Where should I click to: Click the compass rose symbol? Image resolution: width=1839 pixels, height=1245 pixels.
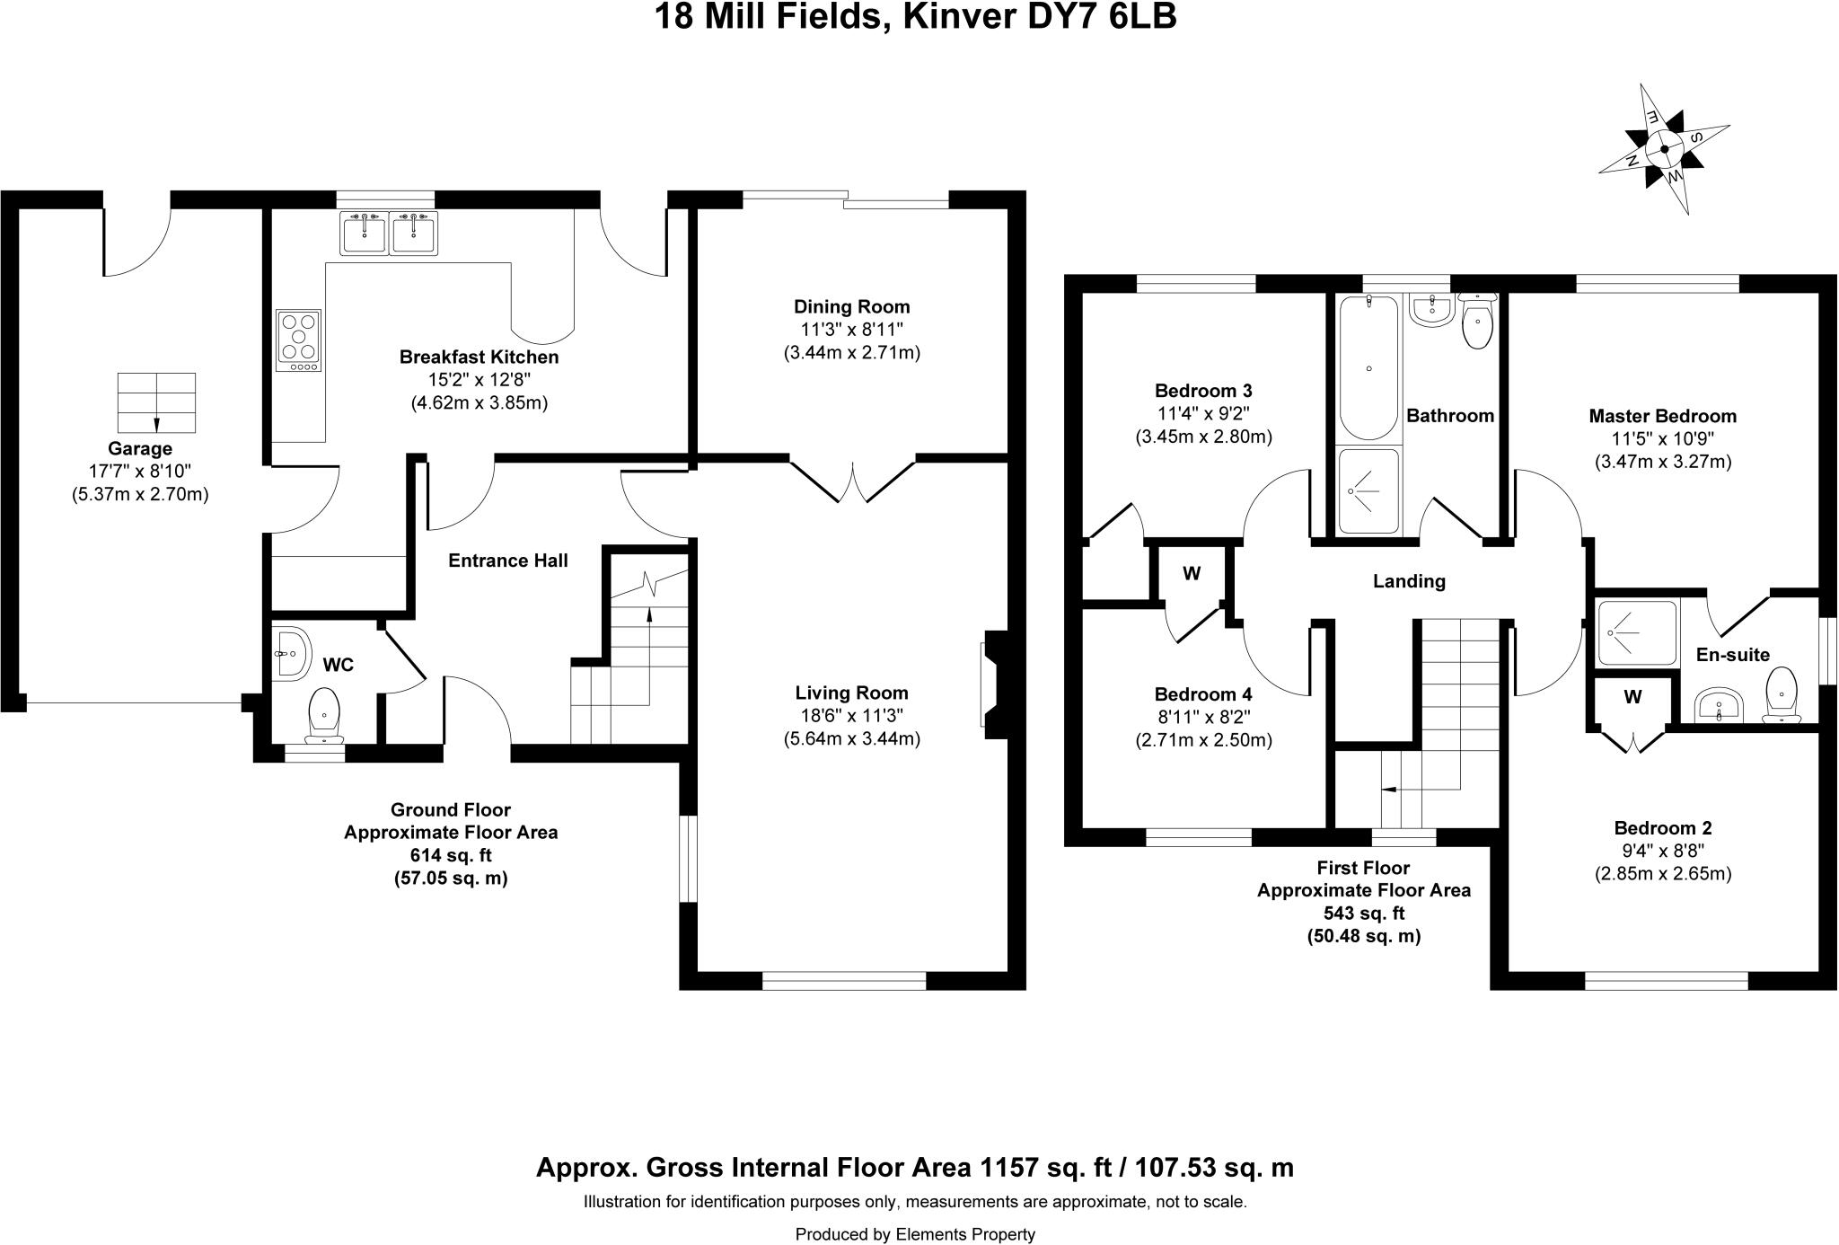tap(1664, 149)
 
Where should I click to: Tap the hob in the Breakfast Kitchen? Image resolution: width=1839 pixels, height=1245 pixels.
tap(298, 340)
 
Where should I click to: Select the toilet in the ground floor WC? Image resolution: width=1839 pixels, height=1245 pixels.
tap(324, 714)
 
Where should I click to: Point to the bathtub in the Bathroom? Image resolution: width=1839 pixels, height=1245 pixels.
tap(1368, 368)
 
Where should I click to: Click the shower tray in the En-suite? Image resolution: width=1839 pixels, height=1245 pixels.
tap(1637, 633)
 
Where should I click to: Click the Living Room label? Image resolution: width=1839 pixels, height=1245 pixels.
tap(851, 693)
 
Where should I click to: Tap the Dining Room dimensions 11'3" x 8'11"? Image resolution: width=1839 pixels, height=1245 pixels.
tap(851, 330)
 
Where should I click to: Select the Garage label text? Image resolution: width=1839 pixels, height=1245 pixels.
tap(139, 448)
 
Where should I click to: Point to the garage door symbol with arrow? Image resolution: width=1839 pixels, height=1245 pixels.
tap(156, 403)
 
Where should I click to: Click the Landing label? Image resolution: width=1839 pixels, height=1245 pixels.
tap(1409, 581)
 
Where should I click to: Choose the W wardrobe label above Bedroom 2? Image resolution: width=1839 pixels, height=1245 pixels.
tap(1632, 696)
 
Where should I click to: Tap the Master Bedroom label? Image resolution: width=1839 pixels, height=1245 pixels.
tap(1662, 416)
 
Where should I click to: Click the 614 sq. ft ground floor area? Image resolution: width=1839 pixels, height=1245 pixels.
tap(451, 855)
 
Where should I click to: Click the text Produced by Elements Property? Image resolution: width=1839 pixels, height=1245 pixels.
tap(915, 1234)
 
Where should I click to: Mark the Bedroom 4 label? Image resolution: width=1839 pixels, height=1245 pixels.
tap(1202, 694)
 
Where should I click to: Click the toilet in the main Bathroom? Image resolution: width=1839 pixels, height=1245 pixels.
tap(1477, 323)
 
